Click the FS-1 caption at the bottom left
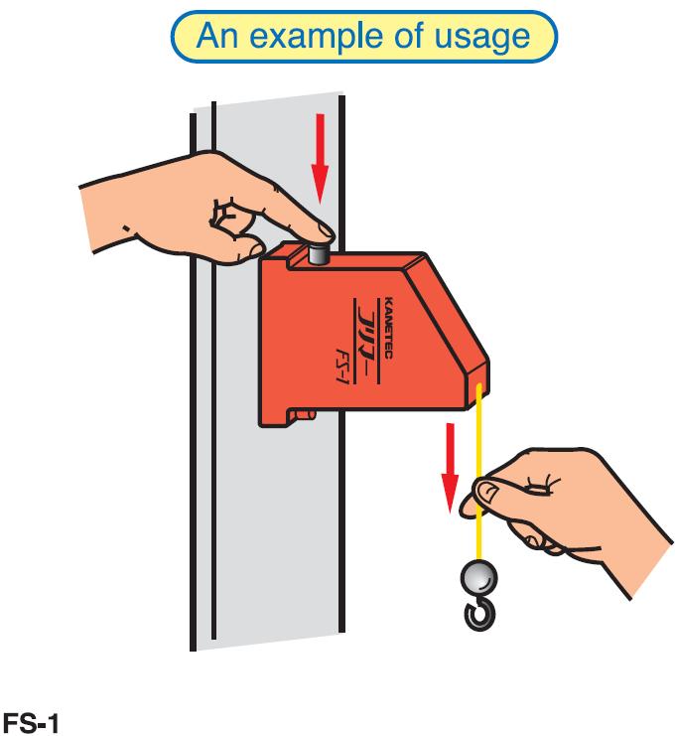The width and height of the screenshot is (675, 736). point(31,722)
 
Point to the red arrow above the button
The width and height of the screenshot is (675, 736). point(321,159)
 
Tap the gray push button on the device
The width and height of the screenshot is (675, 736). point(320,253)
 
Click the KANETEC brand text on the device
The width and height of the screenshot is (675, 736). point(388,328)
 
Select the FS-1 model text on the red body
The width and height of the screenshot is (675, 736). point(342,366)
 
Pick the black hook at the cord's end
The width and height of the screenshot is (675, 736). point(479,614)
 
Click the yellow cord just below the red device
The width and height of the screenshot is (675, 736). point(478,422)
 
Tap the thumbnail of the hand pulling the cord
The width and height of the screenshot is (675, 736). point(487,493)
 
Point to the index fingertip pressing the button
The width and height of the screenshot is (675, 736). point(325,232)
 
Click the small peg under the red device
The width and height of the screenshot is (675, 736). point(307,414)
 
